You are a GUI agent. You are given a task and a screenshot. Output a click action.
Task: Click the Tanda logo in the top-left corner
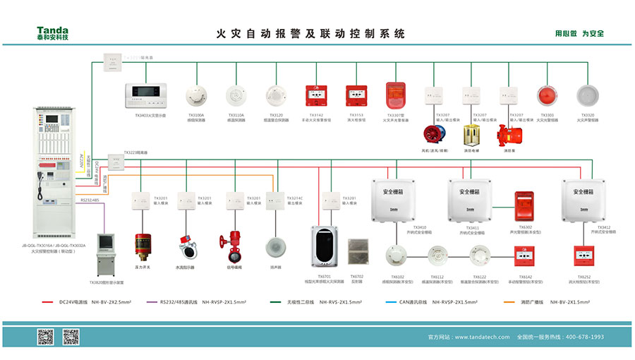coord(53,32)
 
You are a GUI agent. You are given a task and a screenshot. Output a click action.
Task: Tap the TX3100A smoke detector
coord(195,95)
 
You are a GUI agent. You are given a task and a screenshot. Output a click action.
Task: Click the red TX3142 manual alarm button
coord(315,95)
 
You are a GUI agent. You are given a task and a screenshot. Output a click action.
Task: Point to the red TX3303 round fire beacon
coord(548,95)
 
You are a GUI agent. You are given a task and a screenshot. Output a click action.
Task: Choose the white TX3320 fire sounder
coord(587,95)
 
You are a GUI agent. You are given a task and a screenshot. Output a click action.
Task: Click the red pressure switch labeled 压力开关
coord(143,244)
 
